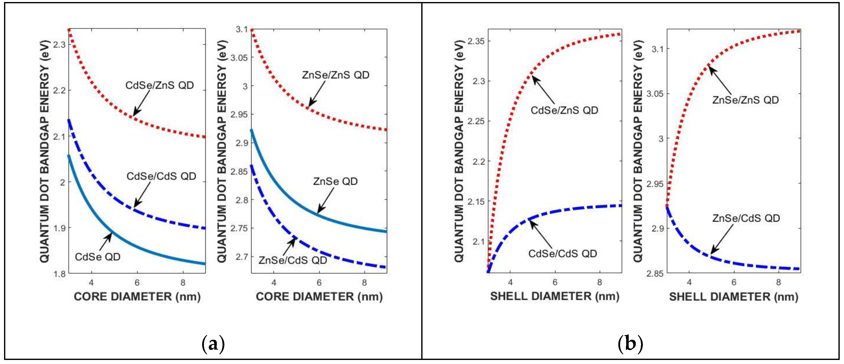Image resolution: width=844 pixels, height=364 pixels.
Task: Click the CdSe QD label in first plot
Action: (97, 257)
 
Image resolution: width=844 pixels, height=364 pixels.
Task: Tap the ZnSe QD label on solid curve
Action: (335, 181)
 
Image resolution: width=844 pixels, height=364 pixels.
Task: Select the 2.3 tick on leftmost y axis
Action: (59, 44)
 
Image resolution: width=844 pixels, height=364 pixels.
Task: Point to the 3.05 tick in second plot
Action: (239, 58)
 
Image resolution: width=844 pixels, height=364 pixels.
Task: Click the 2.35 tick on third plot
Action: (476, 41)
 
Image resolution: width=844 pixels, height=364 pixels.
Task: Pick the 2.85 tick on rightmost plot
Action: (655, 273)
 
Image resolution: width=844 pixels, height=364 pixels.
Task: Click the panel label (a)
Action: (213, 344)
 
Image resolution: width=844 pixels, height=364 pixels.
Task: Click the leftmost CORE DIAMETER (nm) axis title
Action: (137, 297)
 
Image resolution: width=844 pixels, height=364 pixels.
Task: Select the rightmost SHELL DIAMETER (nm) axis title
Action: (734, 297)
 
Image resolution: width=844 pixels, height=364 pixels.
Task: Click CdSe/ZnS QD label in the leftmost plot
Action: (159, 85)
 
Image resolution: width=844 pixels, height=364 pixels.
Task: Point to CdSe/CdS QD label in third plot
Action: (562, 254)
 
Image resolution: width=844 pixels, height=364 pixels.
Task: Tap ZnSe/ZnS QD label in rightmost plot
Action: (745, 100)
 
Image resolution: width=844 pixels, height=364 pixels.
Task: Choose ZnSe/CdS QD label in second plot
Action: (293, 260)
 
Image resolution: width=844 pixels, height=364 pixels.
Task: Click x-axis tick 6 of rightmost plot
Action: (734, 282)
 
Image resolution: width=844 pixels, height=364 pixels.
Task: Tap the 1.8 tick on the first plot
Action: (59, 274)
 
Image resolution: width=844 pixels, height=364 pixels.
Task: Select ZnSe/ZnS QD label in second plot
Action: (336, 75)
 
